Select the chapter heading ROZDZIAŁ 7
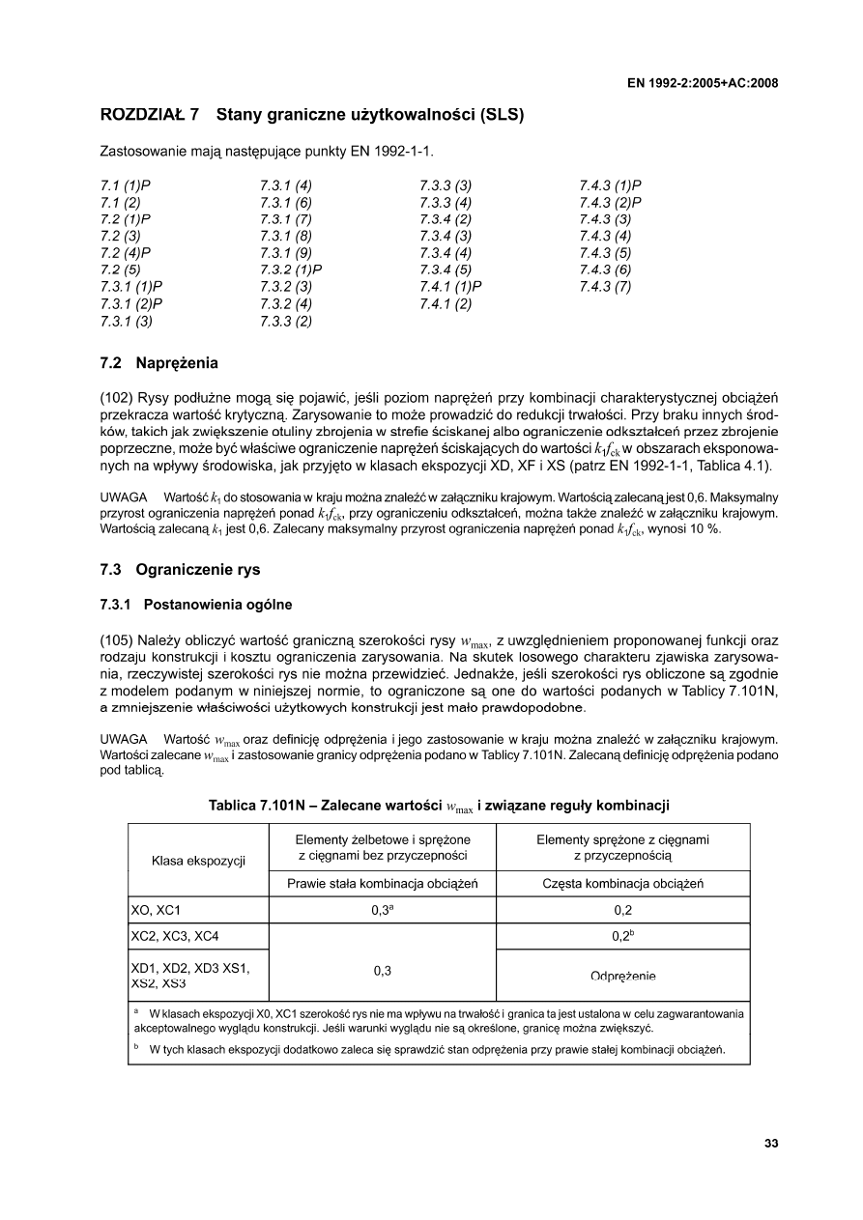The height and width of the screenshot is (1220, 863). (x=150, y=115)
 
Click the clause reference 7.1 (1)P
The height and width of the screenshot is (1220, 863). (x=126, y=184)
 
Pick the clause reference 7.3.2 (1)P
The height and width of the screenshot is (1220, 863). (x=290, y=270)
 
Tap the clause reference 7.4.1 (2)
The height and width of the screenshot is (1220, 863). (x=446, y=304)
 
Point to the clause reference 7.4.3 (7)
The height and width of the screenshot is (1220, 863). (x=605, y=287)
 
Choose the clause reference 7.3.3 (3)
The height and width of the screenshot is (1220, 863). (x=446, y=184)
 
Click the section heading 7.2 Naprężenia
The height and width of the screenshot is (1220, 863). (x=159, y=364)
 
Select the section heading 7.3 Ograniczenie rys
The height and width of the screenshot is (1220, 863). (x=180, y=570)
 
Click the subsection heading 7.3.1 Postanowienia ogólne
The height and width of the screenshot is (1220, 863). (x=196, y=605)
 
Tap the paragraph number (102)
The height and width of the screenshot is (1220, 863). (x=118, y=398)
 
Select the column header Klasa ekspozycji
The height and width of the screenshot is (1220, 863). (x=199, y=859)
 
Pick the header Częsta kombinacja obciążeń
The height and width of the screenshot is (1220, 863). (x=622, y=884)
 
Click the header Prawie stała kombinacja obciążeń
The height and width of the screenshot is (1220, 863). (x=382, y=884)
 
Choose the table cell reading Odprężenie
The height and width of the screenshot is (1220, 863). (x=622, y=977)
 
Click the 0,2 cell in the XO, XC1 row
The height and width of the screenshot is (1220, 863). (x=622, y=910)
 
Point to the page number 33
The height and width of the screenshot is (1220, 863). (x=770, y=1144)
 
